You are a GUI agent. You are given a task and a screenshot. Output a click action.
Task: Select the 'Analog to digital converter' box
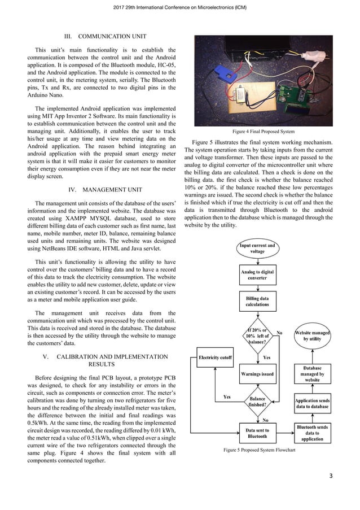[257, 275]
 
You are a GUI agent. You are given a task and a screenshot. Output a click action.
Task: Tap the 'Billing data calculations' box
[257, 302]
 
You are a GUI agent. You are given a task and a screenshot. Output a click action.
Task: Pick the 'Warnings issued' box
[257, 374]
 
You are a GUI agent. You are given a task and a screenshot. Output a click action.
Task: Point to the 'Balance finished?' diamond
[257, 400]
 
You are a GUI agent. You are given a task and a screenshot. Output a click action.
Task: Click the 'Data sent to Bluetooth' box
[257, 433]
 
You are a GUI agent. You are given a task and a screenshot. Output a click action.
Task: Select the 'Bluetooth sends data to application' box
[313, 433]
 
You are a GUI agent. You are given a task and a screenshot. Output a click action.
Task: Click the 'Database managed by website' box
[313, 373]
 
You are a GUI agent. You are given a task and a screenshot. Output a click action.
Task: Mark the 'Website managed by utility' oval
[313, 337]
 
